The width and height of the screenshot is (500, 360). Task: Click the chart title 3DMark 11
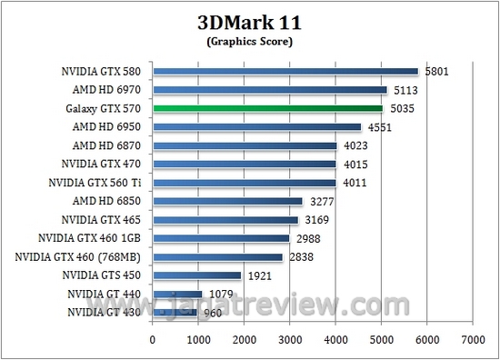click(x=249, y=22)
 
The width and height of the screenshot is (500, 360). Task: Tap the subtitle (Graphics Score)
click(x=249, y=41)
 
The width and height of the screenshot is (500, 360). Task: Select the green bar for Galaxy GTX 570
click(x=267, y=108)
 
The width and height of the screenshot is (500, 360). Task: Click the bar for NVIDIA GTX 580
click(x=285, y=70)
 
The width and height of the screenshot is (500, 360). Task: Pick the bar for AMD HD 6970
click(x=270, y=89)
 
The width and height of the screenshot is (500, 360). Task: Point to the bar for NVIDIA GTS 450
click(x=196, y=275)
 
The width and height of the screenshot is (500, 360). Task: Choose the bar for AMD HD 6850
click(x=227, y=201)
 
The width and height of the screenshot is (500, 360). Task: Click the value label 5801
click(x=436, y=70)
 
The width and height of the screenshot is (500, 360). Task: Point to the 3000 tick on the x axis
click(x=289, y=338)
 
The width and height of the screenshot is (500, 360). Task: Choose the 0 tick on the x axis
click(x=153, y=338)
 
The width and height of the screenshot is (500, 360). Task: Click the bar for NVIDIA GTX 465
click(x=225, y=220)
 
